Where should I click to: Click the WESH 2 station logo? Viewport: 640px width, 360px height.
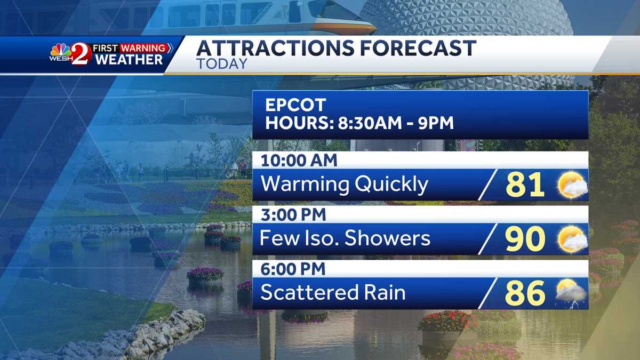pyautogui.click(x=70, y=53)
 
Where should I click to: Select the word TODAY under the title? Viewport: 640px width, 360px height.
pyautogui.click(x=221, y=63)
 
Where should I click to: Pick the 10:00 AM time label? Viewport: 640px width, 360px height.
pyautogui.click(x=299, y=160)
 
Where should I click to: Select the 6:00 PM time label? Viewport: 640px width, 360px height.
pyautogui.click(x=293, y=270)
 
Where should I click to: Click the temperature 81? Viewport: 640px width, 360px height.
pyautogui.click(x=525, y=185)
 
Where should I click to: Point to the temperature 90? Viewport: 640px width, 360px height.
pyautogui.click(x=525, y=239)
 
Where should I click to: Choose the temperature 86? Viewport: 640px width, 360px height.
pyautogui.click(x=525, y=293)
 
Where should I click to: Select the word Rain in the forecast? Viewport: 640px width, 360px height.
pyautogui.click(x=382, y=292)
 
